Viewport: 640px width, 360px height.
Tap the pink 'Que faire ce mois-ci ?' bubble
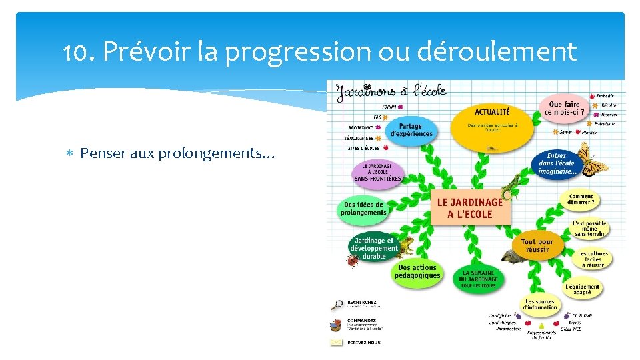[563, 108]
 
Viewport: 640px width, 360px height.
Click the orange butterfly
[591, 160]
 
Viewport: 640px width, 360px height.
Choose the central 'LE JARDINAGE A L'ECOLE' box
[470, 208]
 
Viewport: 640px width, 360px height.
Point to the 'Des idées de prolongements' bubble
[363, 209]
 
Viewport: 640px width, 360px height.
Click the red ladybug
[351, 261]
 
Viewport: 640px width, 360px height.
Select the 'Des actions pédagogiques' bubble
[417, 271]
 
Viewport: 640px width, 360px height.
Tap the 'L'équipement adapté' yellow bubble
[582, 289]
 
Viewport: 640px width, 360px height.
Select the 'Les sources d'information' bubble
[539, 305]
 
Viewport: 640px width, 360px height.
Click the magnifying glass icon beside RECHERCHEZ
[337, 305]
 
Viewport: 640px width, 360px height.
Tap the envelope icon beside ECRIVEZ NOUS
[337, 342]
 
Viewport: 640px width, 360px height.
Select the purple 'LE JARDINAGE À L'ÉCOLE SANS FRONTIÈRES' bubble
[377, 172]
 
